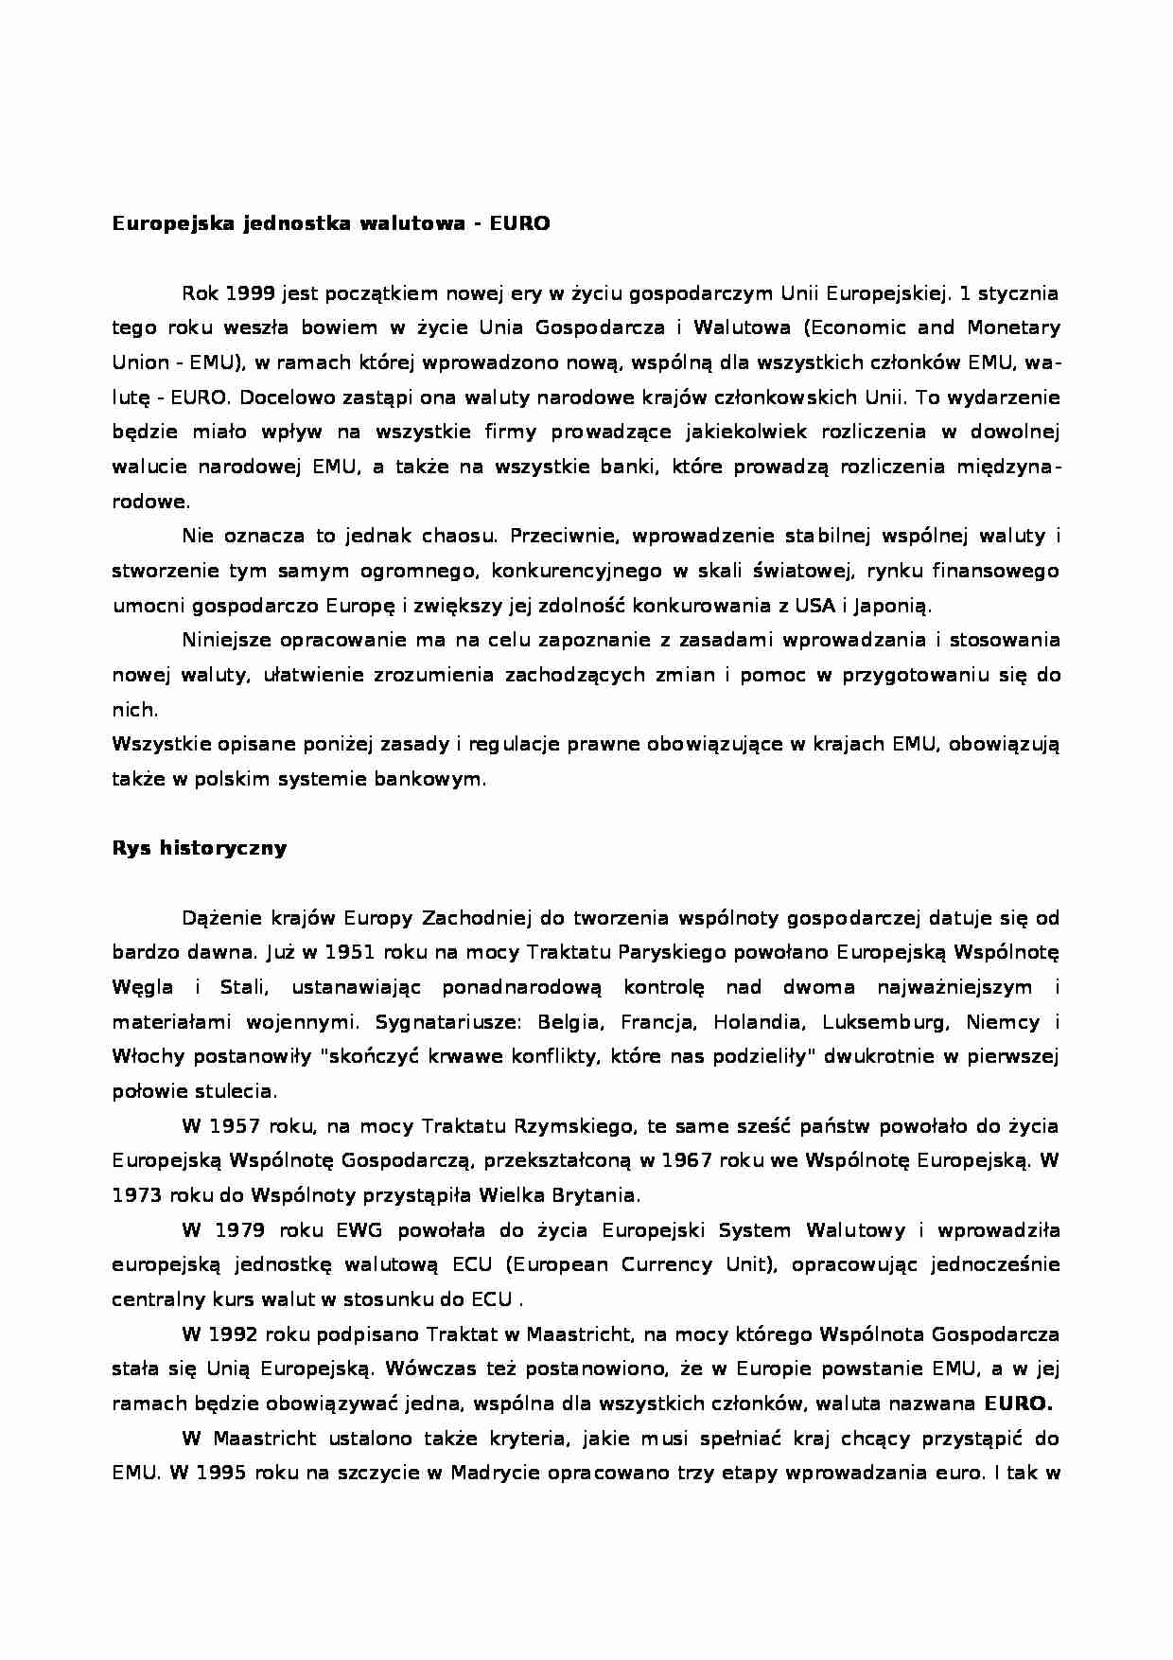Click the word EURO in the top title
pos(519,224)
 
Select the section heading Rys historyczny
pos(199,848)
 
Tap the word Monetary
pos(1013,328)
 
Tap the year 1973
pos(137,1195)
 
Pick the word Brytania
pos(603,1195)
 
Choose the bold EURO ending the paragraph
pos(1019,1404)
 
